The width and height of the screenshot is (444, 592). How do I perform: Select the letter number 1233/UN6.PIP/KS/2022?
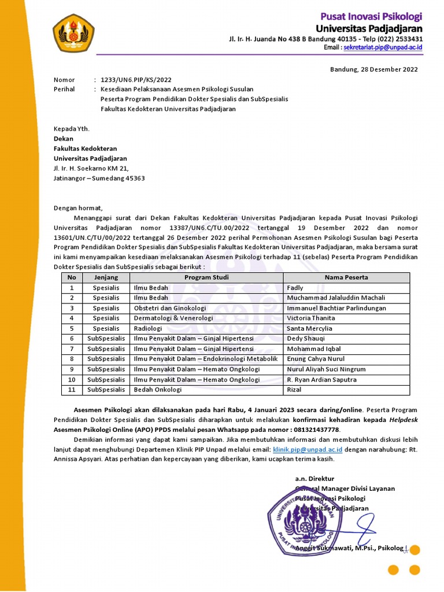[136, 80]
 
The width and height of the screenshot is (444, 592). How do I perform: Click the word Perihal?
[64, 90]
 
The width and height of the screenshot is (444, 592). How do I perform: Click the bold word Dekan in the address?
[64, 139]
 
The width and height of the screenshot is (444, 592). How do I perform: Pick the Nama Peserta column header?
[346, 277]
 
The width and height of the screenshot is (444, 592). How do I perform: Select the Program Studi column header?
[206, 277]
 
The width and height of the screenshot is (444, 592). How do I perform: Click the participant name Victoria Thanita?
[310, 318]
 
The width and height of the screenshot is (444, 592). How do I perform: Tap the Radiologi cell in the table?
[149, 328]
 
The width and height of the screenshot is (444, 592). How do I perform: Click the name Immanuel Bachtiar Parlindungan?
[336, 308]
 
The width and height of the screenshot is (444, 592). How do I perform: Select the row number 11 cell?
[72, 390]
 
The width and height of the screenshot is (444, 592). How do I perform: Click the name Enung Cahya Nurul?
[315, 359]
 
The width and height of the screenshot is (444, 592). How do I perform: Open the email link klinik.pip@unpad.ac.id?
[300, 449]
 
